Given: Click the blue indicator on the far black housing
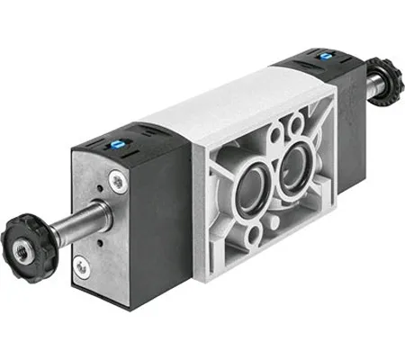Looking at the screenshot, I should coord(325,56).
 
